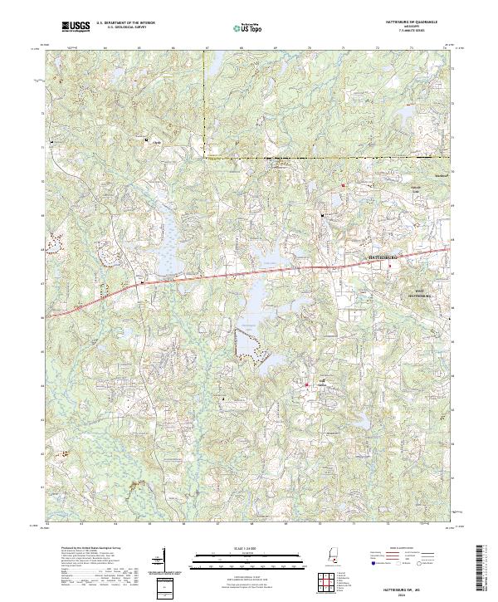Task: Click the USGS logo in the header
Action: [x=76, y=27]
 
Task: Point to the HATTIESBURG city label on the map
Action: [x=383, y=259]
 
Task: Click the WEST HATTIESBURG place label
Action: [x=419, y=293]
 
